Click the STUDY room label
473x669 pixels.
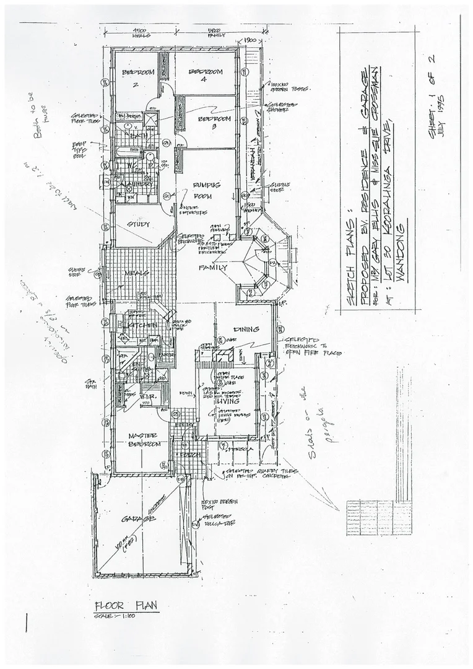[x=139, y=224]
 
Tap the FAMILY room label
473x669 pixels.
[x=211, y=268]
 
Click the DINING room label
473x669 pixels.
[x=245, y=329]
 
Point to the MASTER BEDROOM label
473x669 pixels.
[x=144, y=440]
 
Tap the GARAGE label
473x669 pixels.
[x=137, y=519]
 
